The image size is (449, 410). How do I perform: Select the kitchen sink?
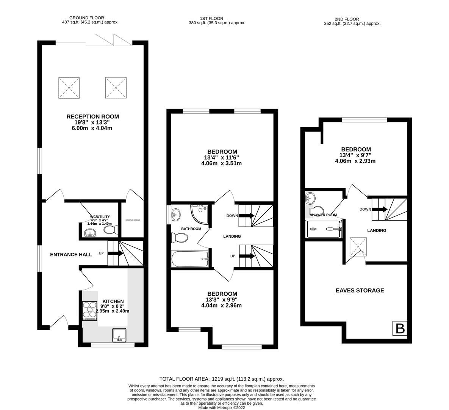(x=120, y=335)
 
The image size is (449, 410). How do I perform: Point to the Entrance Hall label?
(x=71, y=254)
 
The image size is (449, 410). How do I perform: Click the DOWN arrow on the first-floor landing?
(x=246, y=216)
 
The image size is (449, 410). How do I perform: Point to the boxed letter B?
(x=400, y=328)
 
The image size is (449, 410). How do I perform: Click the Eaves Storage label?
(x=360, y=290)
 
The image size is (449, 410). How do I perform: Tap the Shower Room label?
(x=323, y=215)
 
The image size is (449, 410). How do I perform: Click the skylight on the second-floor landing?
(x=358, y=247)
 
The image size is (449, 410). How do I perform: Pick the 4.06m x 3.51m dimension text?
(x=222, y=164)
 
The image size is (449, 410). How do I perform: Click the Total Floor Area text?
(x=221, y=379)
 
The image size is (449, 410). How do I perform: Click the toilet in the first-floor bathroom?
(x=180, y=238)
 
